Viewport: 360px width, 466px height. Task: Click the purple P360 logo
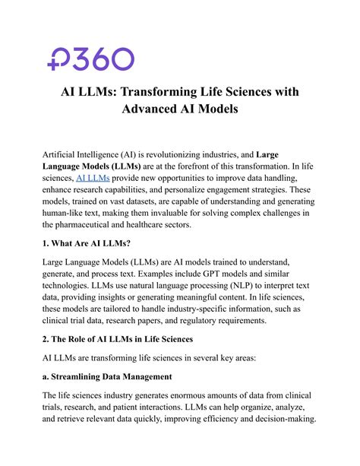[x=90, y=59]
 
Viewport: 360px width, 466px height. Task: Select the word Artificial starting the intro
[x=64, y=150]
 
